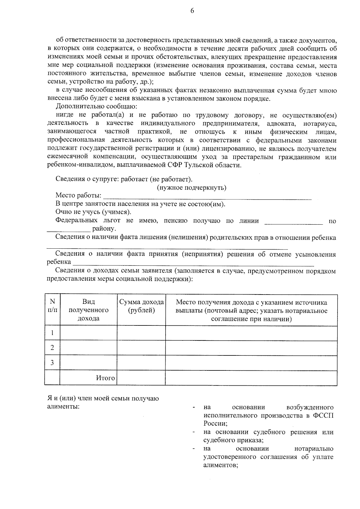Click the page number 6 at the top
click(x=192, y=11)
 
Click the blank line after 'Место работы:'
click(x=207, y=197)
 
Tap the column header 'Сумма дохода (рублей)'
click(x=141, y=306)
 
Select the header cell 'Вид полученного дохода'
click(x=88, y=310)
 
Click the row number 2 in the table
click(x=52, y=348)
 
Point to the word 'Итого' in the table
click(x=105, y=378)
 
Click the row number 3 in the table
click(x=52, y=363)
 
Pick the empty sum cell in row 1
click(x=141, y=333)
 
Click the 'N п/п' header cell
click(x=52, y=306)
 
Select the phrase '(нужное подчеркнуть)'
click(x=192, y=188)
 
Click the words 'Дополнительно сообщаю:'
click(x=96, y=106)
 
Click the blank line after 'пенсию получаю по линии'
click(x=293, y=222)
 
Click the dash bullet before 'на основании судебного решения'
click(x=194, y=433)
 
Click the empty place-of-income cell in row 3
click(x=251, y=363)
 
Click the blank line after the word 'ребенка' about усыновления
click(x=193, y=264)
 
